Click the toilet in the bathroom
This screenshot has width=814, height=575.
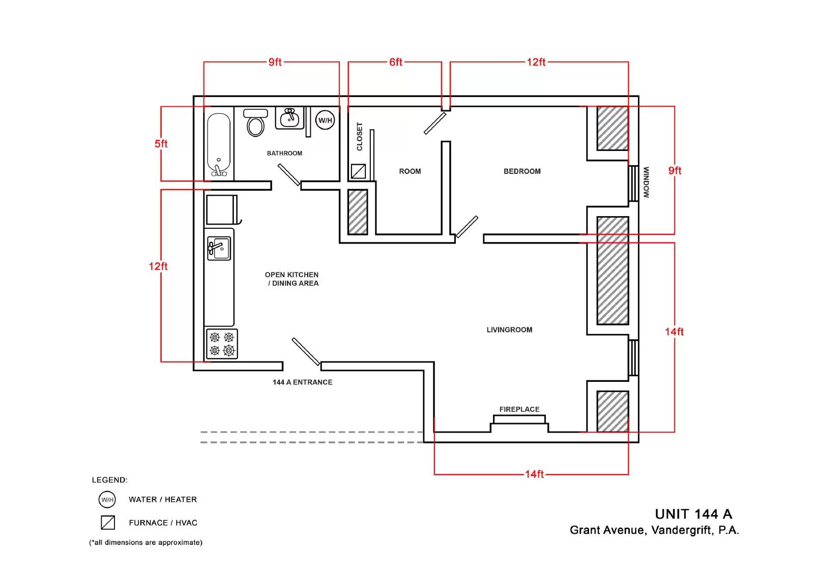point(255,123)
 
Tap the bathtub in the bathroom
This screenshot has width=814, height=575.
point(219,145)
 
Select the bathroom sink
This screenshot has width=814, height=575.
point(289,117)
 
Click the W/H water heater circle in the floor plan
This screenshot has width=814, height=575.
point(325,120)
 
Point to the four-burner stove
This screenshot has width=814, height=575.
point(222,344)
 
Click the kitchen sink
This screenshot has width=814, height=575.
point(219,249)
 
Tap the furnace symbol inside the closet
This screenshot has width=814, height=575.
point(358,171)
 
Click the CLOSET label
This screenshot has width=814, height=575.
point(359,137)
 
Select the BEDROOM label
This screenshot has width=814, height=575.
point(522,171)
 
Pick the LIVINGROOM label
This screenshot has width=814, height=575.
point(509,330)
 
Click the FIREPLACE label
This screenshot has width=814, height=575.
point(519,409)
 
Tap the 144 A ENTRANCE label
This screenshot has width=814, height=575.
point(302,382)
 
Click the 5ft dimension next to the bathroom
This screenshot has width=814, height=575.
point(161,144)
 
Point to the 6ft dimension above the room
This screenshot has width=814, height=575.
point(396,62)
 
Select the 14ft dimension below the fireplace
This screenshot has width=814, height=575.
point(534,474)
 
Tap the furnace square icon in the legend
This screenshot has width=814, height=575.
point(108,522)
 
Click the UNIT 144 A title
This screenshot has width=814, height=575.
point(693,514)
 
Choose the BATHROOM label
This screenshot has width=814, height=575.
point(284,154)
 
